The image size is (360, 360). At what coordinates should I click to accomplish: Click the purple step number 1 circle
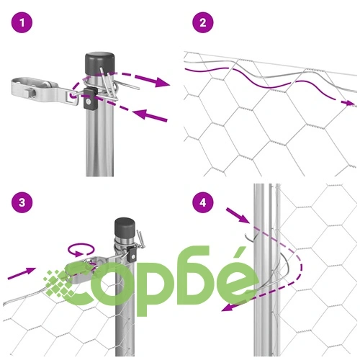point(22,23)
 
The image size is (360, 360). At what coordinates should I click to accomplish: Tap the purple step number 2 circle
point(203,23)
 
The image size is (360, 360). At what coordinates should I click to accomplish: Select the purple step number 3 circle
point(22,202)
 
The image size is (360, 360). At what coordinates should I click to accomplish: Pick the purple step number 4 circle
point(203,202)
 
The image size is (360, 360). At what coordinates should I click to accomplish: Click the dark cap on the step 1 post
point(100,63)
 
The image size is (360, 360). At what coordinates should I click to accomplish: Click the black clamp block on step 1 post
point(90,99)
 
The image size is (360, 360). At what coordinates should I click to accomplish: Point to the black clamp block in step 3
point(132,254)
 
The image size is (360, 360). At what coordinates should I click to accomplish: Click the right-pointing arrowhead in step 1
point(161,82)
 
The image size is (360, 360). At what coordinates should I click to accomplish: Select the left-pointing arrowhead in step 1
point(140,113)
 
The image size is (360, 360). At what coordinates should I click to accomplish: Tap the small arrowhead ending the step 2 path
point(349,103)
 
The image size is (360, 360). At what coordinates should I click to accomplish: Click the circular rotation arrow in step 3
point(81,249)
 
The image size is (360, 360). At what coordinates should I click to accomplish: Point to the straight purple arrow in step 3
point(22,274)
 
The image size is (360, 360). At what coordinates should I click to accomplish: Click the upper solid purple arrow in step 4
point(238,215)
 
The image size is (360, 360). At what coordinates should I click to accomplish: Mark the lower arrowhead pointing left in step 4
point(228,307)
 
